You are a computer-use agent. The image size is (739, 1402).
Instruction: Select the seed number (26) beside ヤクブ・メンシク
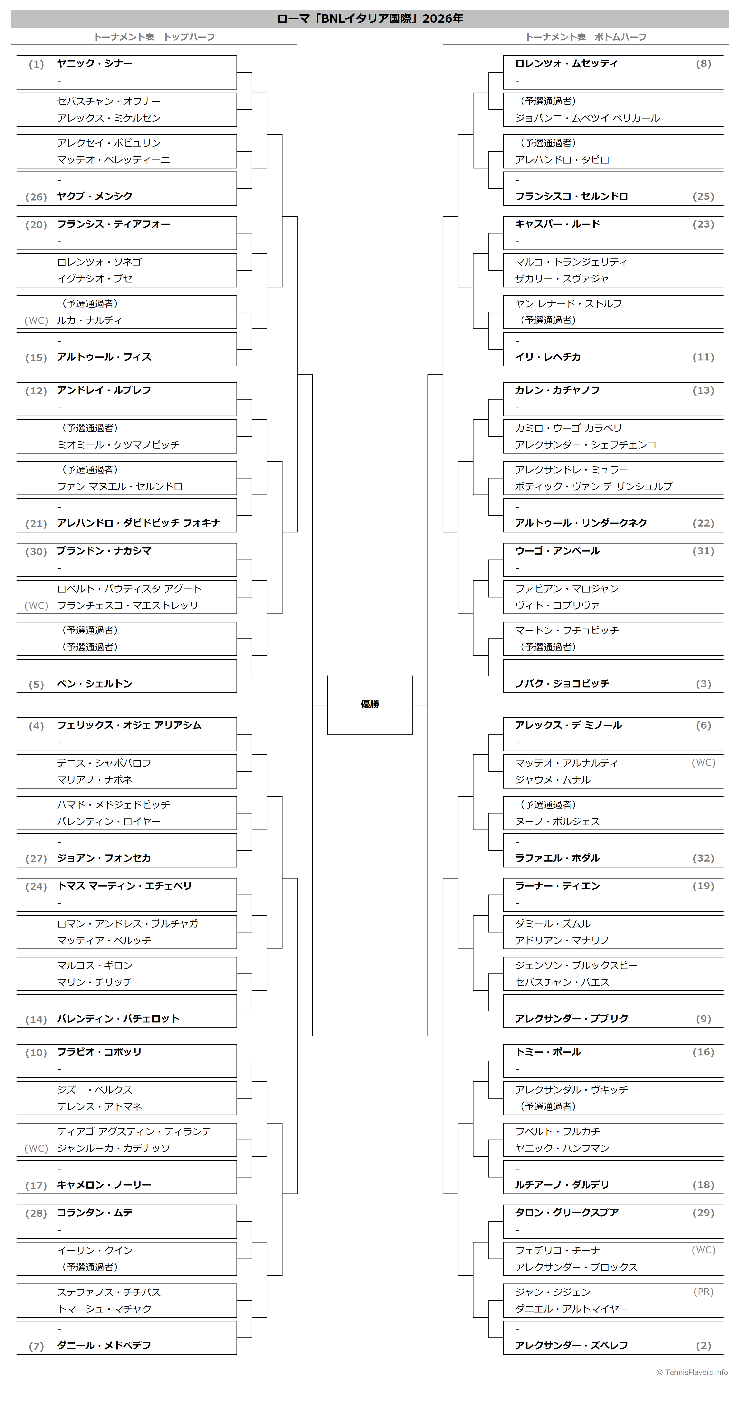(x=37, y=197)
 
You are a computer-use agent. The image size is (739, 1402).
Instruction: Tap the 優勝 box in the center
(x=370, y=705)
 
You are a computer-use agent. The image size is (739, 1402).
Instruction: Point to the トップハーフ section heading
(x=189, y=37)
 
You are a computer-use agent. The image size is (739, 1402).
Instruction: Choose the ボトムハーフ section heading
(x=620, y=37)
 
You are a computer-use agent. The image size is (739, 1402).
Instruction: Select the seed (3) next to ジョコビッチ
(x=704, y=684)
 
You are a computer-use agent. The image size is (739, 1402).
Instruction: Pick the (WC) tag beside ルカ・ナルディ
(x=37, y=321)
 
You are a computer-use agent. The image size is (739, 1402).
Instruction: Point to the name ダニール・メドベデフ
(x=104, y=1345)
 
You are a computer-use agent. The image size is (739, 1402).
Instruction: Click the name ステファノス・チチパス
(x=109, y=1292)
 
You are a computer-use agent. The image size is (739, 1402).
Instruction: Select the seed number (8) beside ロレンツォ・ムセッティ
(x=704, y=64)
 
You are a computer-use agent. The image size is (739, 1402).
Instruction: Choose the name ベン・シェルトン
(x=95, y=684)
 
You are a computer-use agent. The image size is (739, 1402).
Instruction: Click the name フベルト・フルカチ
(x=558, y=1132)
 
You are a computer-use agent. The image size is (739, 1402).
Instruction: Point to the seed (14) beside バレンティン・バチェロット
(x=37, y=1019)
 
